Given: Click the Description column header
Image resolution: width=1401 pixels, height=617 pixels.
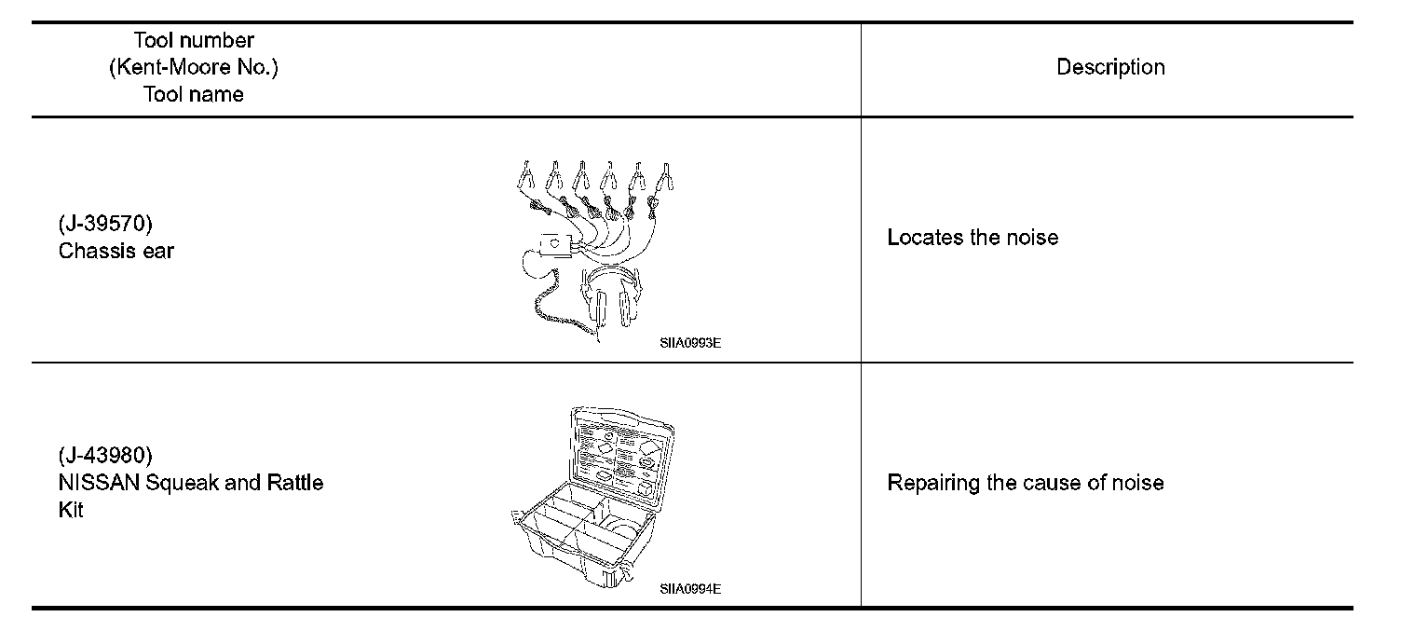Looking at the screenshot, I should click(1110, 67).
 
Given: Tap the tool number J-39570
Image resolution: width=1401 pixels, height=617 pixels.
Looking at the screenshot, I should click(104, 224).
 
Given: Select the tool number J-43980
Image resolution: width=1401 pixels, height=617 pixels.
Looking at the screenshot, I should click(104, 456).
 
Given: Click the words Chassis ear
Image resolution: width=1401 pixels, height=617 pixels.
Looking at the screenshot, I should click(116, 251).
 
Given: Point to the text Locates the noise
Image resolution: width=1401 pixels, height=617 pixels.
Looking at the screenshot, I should click(973, 238).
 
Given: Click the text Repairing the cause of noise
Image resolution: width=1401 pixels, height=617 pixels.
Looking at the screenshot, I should click(1025, 483).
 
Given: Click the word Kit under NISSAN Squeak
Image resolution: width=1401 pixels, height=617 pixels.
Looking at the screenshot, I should click(71, 510).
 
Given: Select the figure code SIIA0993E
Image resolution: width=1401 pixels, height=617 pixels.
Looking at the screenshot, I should click(690, 343).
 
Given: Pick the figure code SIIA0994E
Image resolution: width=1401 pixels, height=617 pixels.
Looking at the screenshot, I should click(690, 589).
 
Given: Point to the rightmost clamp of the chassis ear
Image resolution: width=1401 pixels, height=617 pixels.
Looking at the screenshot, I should click(665, 174).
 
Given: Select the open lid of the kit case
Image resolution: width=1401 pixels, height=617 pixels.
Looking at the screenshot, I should click(622, 453).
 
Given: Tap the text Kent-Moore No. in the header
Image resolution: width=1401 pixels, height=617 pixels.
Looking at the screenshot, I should click(194, 67).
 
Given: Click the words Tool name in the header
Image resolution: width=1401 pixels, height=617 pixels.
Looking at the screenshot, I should click(194, 94).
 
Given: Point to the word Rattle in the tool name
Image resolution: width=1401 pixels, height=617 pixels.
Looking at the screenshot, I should click(295, 483).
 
